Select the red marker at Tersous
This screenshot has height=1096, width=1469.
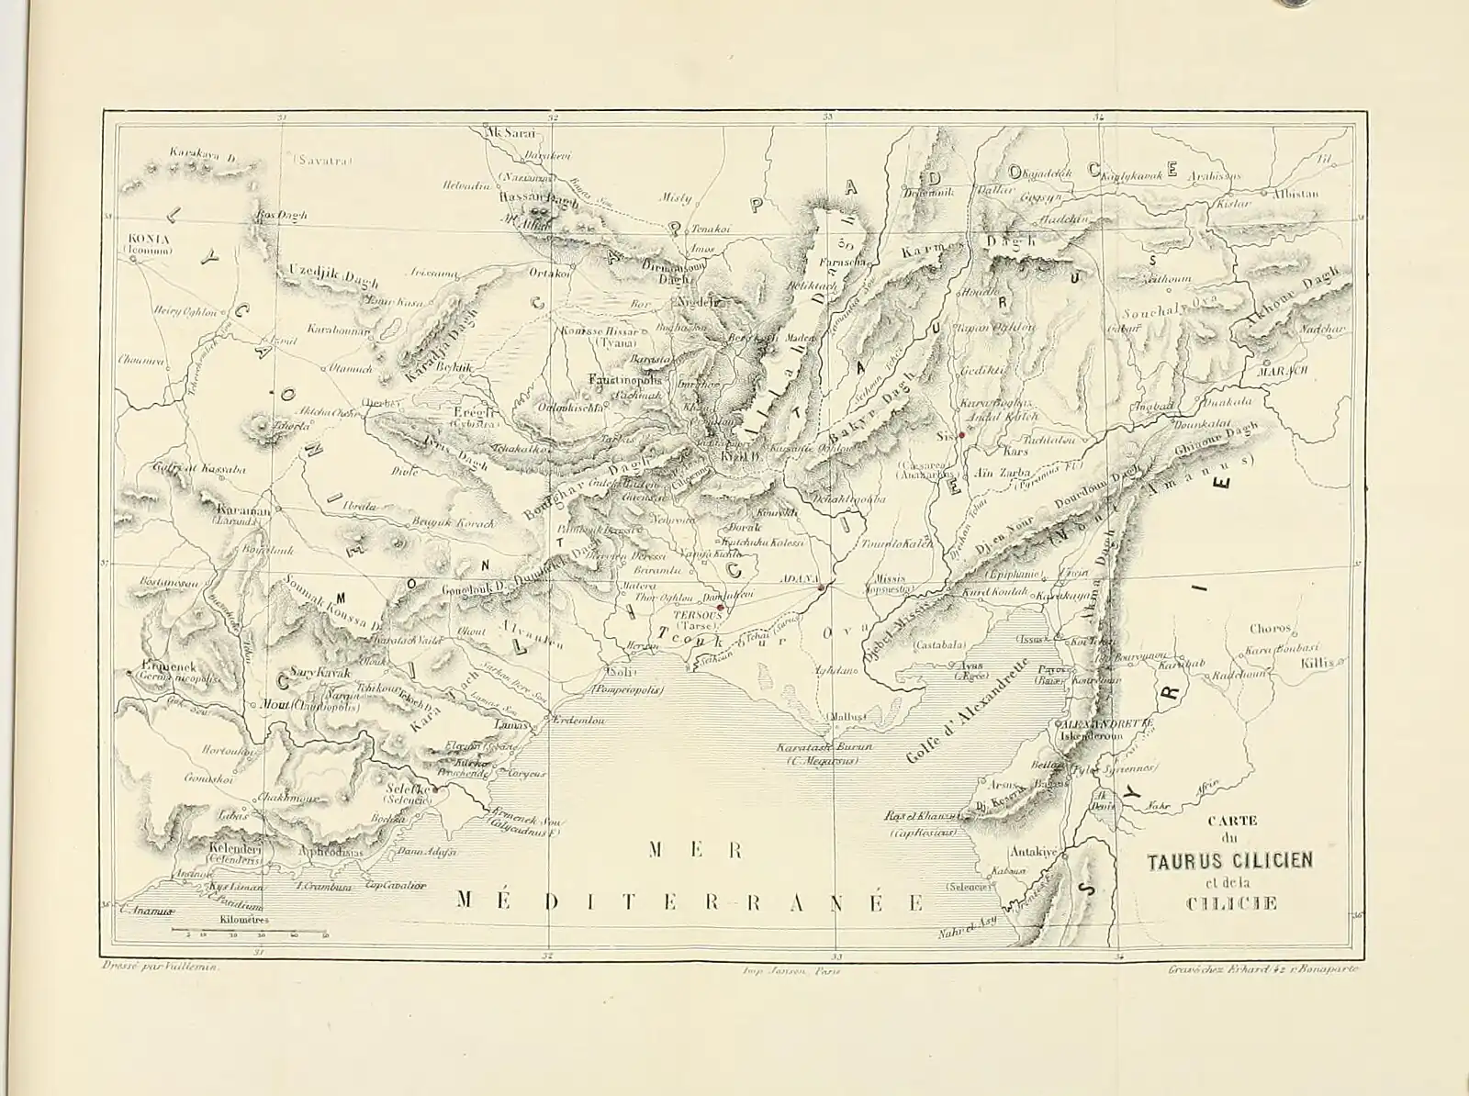pyautogui.click(x=721, y=607)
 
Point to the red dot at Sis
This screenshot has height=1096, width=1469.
pyautogui.click(x=960, y=433)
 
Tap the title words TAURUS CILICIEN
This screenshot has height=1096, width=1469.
pyautogui.click(x=1229, y=861)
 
